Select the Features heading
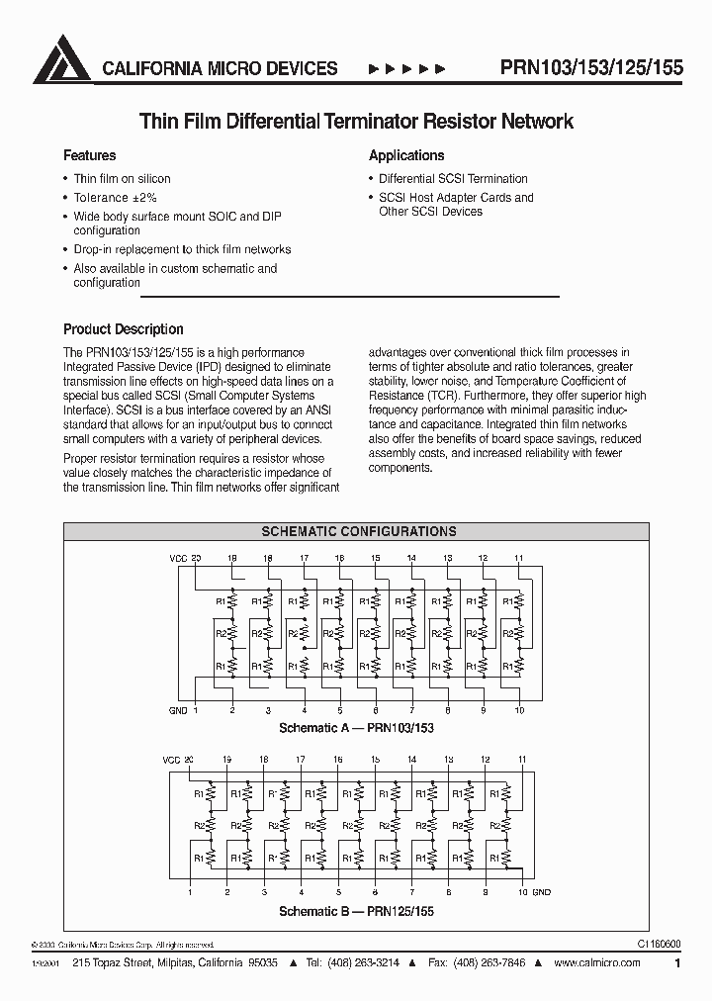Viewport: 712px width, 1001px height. pos(89,155)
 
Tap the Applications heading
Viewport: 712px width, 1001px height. pos(406,155)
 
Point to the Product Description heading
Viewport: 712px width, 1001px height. pos(124,329)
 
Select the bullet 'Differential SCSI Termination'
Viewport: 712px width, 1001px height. pos(453,179)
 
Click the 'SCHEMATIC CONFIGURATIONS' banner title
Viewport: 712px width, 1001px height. pos(358,531)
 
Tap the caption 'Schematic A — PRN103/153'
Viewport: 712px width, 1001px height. pos(356,727)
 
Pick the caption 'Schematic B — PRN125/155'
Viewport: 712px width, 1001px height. pos(356,910)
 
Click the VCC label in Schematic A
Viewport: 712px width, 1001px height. pos(178,559)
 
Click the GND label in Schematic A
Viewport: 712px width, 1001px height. pos(178,710)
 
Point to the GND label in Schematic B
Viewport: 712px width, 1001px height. pos(541,892)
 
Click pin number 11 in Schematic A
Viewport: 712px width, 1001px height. pos(519,559)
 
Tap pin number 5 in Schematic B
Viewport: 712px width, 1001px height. pos(337,892)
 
